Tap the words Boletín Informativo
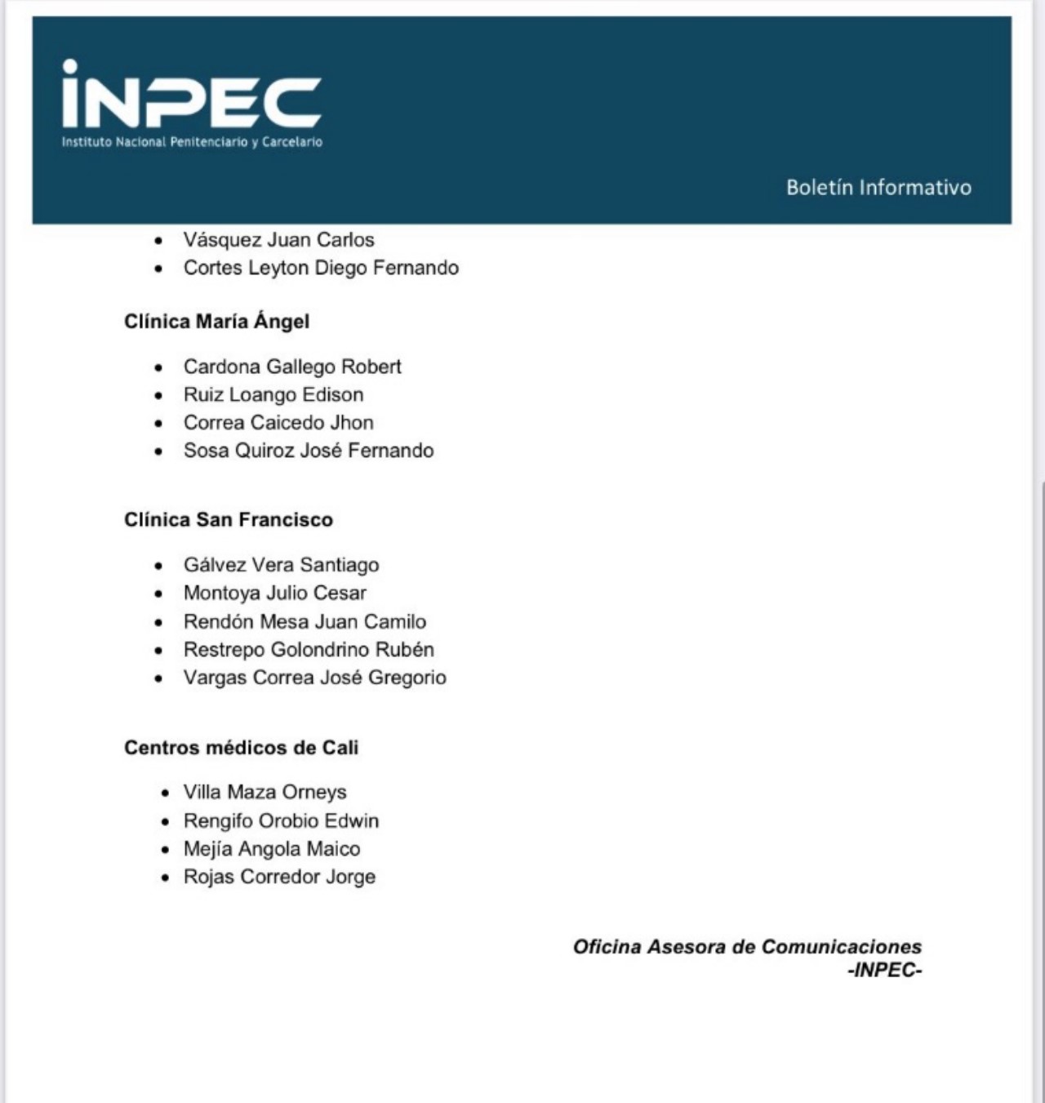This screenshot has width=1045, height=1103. [x=878, y=187]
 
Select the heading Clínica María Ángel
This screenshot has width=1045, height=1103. [x=216, y=322]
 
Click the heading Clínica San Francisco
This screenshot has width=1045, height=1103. [x=229, y=520]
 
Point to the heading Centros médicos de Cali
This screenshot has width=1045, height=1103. [x=241, y=748]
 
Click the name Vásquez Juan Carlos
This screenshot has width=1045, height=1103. [x=278, y=240]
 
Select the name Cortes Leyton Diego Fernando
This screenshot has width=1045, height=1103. [x=321, y=268]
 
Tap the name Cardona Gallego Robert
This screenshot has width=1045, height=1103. [x=292, y=367]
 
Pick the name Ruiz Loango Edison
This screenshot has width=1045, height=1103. [x=273, y=395]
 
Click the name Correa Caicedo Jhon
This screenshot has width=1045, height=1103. [x=278, y=423]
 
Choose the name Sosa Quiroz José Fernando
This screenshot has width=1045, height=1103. [x=309, y=451]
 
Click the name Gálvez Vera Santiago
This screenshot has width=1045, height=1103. [x=281, y=565]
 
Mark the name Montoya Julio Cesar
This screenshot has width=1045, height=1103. [x=274, y=593]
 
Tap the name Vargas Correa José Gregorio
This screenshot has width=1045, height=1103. [x=314, y=678]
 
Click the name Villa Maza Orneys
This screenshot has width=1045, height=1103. [x=265, y=792]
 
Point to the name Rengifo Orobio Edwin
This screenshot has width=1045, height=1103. [x=281, y=821]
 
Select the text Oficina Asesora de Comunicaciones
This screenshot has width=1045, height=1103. [x=747, y=947]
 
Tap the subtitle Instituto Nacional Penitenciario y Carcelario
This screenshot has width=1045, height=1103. [x=192, y=142]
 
